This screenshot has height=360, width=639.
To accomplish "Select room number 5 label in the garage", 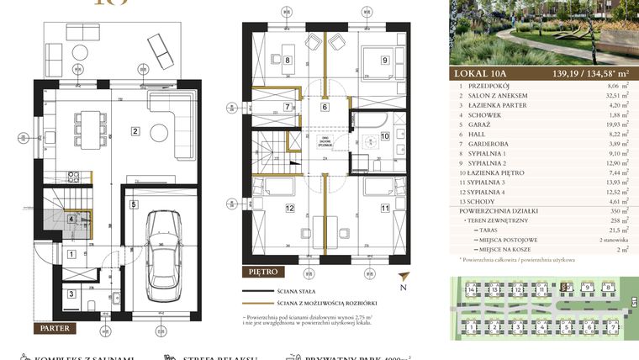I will (134, 204).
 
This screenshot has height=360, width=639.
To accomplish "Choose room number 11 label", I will (384, 208).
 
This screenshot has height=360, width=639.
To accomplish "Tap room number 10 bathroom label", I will (384, 135).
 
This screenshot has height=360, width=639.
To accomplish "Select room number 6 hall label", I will (324, 107).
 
